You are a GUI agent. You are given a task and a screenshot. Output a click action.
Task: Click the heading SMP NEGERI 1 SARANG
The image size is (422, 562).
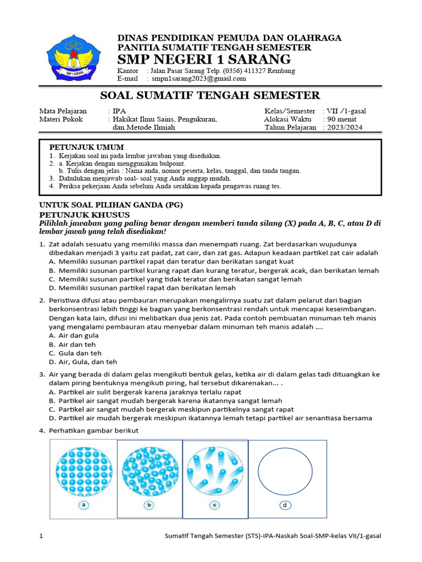[204, 59]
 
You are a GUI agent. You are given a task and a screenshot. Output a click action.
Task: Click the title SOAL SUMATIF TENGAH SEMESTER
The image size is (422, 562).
[210, 95]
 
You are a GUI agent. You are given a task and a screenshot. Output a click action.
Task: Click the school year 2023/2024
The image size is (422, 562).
[345, 127]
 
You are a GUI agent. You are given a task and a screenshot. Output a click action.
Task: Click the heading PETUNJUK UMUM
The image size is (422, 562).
[87, 147]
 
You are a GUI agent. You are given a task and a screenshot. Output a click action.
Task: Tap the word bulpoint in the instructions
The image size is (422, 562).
[172, 164]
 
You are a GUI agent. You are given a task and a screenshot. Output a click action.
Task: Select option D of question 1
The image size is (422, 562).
[142, 288]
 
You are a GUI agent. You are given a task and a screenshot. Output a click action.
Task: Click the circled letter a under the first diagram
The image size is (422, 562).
[83, 505]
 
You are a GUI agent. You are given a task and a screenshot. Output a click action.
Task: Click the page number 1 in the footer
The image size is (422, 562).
[42, 536]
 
